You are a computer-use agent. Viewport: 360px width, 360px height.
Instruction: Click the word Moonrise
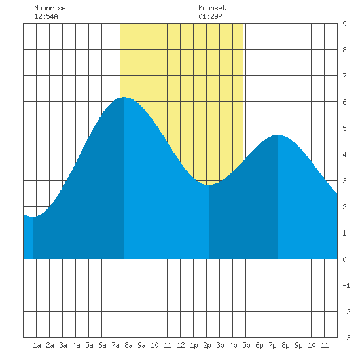coord(50,8)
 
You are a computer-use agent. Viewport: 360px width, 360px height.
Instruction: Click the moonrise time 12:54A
coord(46,16)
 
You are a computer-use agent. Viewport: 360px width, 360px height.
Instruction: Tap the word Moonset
coord(212,8)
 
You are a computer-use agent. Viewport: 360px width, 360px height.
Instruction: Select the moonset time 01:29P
coord(210,16)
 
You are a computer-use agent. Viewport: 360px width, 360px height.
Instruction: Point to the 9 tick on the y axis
coord(344,24)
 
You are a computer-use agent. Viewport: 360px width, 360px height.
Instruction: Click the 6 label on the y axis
coord(344,102)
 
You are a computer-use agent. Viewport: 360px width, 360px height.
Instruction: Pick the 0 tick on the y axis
coord(344,259)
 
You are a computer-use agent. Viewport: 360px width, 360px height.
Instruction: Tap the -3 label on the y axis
coord(346,338)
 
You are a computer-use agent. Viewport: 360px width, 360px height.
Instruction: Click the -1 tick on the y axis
coord(346,285)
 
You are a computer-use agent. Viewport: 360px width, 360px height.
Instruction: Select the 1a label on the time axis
coord(37,345)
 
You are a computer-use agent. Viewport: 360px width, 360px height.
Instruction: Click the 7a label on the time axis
coord(115,345)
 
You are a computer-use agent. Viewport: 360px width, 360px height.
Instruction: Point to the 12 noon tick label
coord(181,345)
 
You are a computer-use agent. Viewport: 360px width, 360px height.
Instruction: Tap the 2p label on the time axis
coord(207,345)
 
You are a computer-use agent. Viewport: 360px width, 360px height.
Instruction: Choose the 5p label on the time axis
coord(246,345)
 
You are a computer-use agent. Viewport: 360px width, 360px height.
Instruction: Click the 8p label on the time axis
coord(285,345)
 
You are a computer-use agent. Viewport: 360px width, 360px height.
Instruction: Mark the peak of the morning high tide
coord(124,97)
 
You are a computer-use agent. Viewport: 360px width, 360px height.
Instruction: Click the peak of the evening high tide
coord(278,135)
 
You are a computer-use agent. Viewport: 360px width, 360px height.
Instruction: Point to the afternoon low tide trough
coord(209,185)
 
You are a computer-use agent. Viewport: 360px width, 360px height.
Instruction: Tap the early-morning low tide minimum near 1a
coord(33,217)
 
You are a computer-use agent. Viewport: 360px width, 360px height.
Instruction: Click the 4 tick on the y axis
coord(344,154)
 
